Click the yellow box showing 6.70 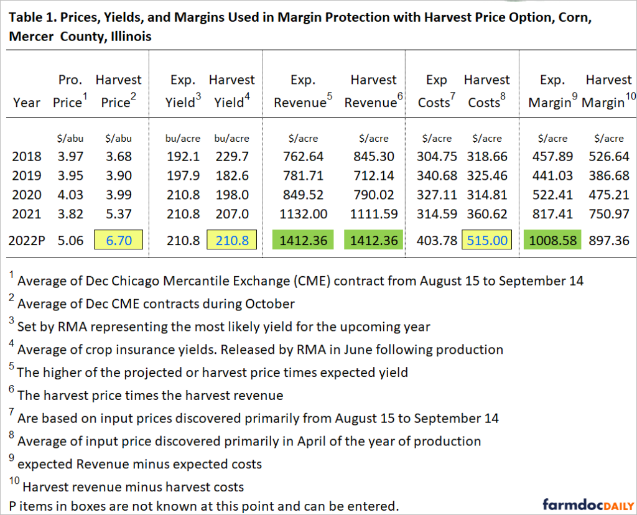pyautogui.click(x=118, y=240)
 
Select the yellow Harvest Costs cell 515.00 pyautogui.click(x=486, y=240)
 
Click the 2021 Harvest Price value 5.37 pyautogui.click(x=118, y=214)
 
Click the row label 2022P pyautogui.click(x=31, y=240)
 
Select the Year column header pyautogui.click(x=27, y=103)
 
